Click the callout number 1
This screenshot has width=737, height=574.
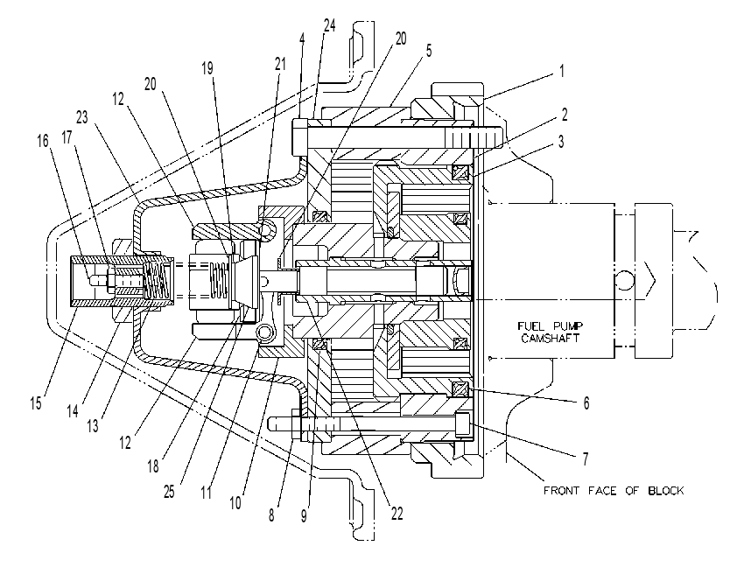click(x=562, y=72)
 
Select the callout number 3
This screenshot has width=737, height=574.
click(x=561, y=142)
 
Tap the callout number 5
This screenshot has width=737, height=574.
click(x=429, y=51)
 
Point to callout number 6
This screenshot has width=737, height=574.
click(x=586, y=403)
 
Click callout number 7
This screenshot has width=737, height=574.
click(x=586, y=458)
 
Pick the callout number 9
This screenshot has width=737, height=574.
click(x=304, y=515)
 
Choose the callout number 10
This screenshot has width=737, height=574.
click(x=235, y=503)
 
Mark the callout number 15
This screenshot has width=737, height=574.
click(x=36, y=403)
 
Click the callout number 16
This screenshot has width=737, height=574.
click(x=43, y=141)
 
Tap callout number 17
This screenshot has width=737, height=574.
click(x=67, y=137)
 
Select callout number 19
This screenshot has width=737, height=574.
click(x=207, y=68)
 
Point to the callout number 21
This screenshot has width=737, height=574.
click(x=280, y=64)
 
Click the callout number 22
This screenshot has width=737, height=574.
click(x=397, y=514)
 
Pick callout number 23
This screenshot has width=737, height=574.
click(x=81, y=117)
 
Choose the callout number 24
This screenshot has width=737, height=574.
click(x=329, y=25)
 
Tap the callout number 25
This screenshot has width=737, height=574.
click(x=169, y=492)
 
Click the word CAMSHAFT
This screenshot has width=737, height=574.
click(x=551, y=338)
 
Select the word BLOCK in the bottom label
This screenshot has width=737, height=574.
click(x=666, y=490)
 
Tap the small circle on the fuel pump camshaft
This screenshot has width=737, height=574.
click(x=625, y=280)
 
